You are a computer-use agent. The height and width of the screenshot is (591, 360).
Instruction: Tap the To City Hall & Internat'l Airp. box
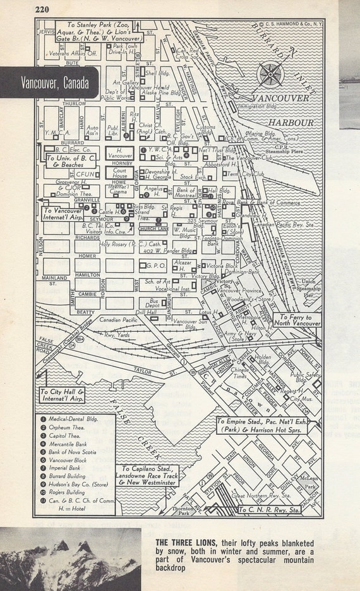click(63, 395)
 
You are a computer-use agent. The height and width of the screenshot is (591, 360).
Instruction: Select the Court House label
click(119, 174)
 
